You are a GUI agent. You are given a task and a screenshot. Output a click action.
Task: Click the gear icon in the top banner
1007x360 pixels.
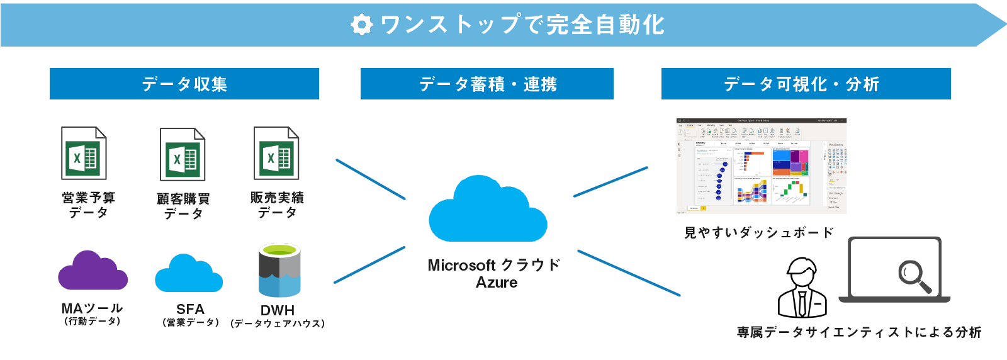click(x=361, y=25)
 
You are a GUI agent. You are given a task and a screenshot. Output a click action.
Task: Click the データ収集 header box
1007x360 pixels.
click(x=184, y=84)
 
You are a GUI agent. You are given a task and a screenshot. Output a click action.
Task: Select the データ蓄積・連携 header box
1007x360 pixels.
click(x=487, y=84)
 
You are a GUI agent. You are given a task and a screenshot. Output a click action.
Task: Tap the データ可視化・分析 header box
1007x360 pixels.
click(x=806, y=84)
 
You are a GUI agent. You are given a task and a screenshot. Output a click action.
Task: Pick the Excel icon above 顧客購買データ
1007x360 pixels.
click(x=183, y=154)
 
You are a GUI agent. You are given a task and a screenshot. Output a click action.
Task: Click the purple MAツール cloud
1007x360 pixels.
click(x=93, y=272)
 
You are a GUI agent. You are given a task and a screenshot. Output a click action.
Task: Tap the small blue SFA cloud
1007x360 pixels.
click(x=188, y=274)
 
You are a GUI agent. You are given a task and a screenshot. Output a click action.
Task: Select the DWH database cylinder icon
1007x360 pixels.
click(x=279, y=271)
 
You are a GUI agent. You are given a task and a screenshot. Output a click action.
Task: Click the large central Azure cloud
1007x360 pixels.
click(x=487, y=211)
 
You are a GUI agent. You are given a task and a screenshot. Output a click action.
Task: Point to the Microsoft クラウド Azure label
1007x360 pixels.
click(x=495, y=273)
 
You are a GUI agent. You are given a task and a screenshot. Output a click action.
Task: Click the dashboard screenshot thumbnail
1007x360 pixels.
click(x=762, y=166)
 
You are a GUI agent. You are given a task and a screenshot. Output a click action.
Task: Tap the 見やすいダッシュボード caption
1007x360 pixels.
click(x=759, y=232)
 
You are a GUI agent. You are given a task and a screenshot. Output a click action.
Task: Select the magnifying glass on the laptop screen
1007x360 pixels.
click(x=914, y=276)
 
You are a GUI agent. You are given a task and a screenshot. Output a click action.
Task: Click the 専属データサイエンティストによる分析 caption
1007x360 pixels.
click(x=859, y=332)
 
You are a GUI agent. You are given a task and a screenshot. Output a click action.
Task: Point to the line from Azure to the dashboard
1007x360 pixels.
click(x=610, y=182)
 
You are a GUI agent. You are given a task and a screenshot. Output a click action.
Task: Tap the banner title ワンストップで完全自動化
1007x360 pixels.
click(x=522, y=25)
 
